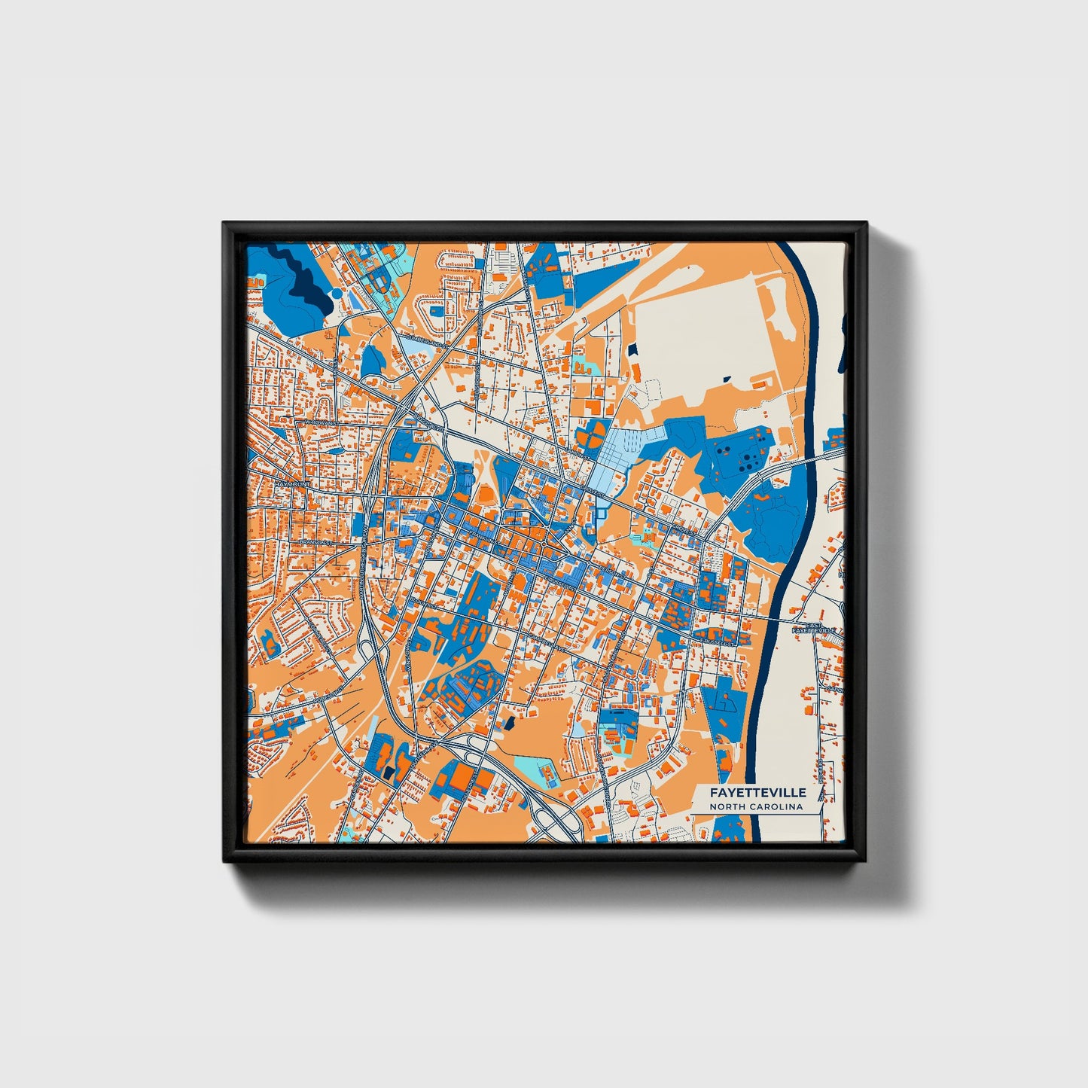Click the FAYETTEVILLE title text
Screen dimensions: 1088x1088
pyautogui.click(x=757, y=793)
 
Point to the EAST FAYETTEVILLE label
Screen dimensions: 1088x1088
pyautogui.click(x=814, y=627)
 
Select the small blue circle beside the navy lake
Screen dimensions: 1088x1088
pyautogui.click(x=334, y=290)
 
